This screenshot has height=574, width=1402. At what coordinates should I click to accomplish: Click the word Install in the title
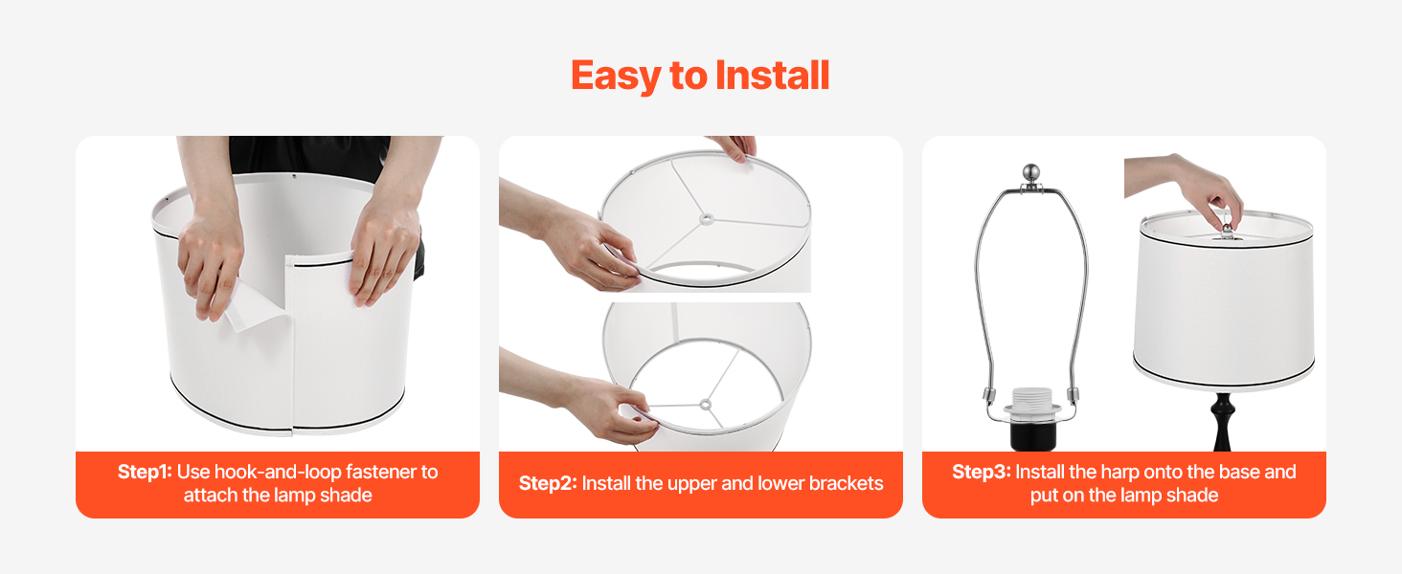point(773,76)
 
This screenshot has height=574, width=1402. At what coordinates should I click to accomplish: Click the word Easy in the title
point(616,77)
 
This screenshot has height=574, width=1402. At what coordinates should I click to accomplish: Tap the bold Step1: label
point(145,472)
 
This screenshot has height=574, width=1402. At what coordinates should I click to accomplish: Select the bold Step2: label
point(548,483)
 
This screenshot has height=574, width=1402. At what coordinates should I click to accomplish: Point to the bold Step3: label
point(982,472)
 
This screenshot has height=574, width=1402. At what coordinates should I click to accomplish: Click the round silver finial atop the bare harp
point(1030,172)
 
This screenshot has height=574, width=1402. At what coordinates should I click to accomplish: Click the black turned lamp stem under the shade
point(1222,422)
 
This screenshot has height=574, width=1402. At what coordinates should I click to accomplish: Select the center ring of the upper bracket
point(707,219)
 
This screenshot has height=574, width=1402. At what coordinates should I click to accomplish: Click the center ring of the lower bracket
point(706,405)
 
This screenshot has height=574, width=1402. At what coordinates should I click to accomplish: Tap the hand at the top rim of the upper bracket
point(735,147)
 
